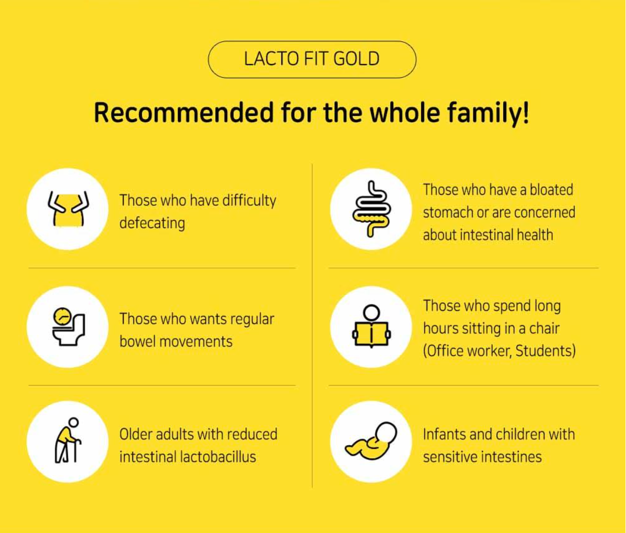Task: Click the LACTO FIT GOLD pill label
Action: click(x=312, y=59)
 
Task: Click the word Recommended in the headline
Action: click(x=183, y=113)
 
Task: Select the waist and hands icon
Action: click(x=68, y=208)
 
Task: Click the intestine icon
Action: click(x=370, y=208)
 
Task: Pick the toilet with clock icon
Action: click(x=68, y=326)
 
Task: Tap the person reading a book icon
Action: click(x=371, y=327)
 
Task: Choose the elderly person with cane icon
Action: click(x=68, y=441)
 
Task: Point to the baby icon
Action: click(x=371, y=442)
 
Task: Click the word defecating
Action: click(x=152, y=224)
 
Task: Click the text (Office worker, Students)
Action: click(x=499, y=351)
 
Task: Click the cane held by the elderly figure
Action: click(x=78, y=451)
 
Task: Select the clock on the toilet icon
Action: click(x=62, y=316)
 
